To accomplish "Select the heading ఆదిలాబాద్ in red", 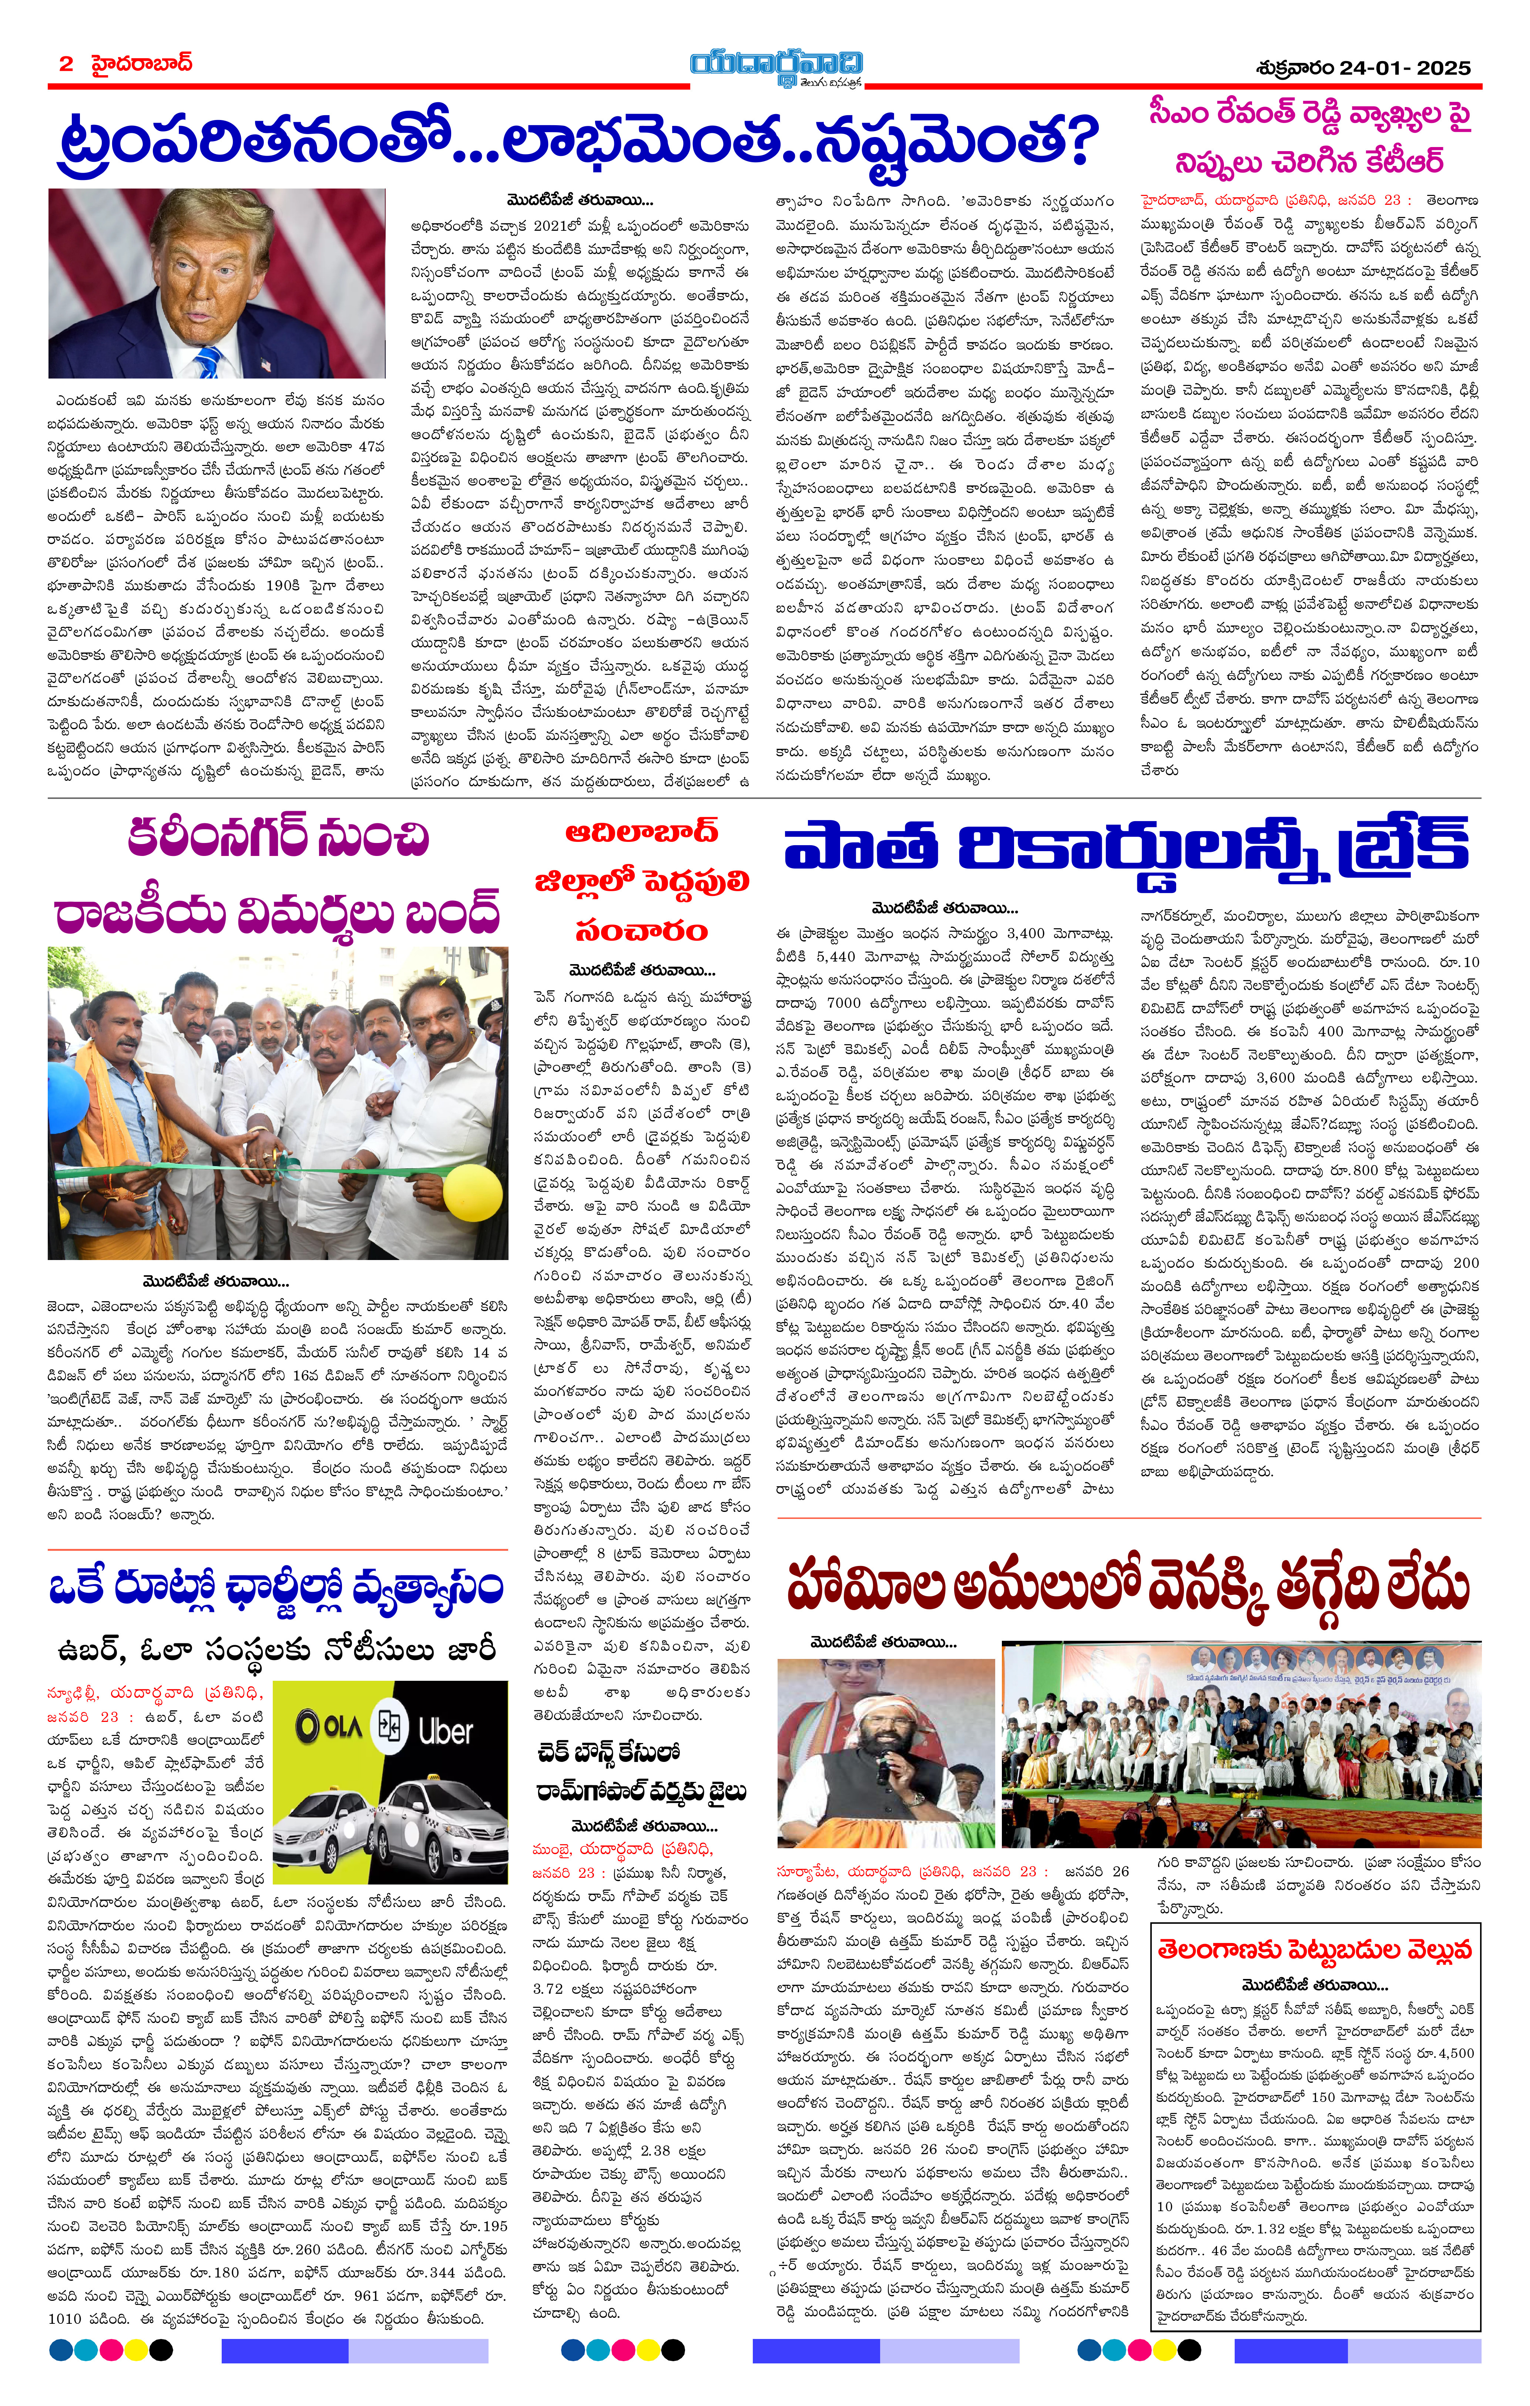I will tap(640, 831).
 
